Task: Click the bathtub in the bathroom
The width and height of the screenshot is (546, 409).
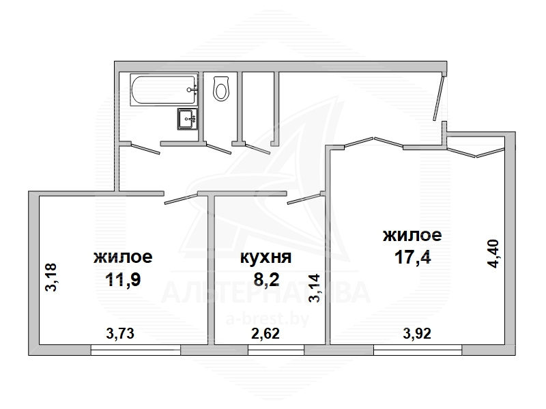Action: [x=164, y=89]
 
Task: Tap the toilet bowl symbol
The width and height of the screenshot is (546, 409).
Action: [x=220, y=89]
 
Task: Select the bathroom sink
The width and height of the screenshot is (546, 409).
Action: [x=188, y=119]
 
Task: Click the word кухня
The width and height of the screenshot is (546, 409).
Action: [x=266, y=257]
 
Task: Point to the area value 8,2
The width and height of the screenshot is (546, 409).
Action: [x=266, y=279]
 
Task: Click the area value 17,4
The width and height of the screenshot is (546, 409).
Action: [x=413, y=257]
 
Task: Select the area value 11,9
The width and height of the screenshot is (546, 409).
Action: [x=123, y=279]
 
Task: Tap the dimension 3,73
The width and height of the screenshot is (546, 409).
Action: [x=120, y=334]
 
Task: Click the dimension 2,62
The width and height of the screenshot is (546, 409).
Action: [x=265, y=334]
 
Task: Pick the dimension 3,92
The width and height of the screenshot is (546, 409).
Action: [x=417, y=334]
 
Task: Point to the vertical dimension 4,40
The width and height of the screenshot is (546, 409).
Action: [x=493, y=253]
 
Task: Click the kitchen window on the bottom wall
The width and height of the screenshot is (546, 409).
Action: [x=276, y=350]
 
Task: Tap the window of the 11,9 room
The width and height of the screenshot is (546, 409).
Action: [x=136, y=350]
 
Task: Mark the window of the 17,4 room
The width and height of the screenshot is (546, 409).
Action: [x=418, y=350]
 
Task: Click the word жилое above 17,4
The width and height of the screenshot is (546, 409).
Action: [x=412, y=235]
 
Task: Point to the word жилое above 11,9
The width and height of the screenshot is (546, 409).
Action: [x=123, y=257]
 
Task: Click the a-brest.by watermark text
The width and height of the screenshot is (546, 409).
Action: [x=268, y=319]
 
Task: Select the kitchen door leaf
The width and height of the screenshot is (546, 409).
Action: [x=305, y=197]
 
